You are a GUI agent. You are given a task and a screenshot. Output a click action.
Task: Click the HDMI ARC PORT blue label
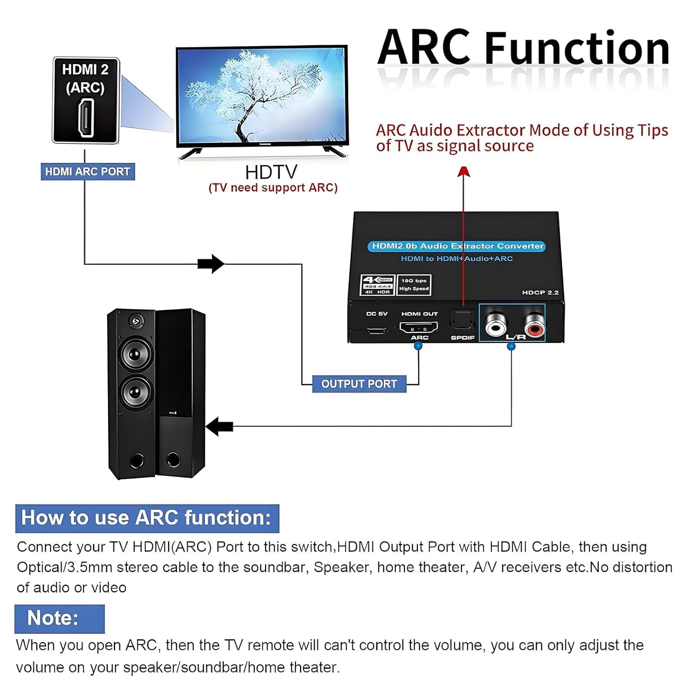click(88, 172)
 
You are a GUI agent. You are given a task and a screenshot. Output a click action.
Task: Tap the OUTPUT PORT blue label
click(359, 384)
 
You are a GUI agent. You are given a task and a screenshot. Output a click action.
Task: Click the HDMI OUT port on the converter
click(418, 328)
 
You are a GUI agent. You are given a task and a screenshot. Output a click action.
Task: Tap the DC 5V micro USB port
click(377, 331)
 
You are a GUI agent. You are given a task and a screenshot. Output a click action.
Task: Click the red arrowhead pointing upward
click(464, 172)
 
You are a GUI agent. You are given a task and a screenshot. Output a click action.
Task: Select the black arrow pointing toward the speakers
click(219, 426)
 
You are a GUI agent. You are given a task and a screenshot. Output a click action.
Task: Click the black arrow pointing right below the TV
click(211, 264)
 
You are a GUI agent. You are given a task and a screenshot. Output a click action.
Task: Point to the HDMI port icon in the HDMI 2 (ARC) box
click(86, 118)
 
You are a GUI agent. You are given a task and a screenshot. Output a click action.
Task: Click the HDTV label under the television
click(271, 173)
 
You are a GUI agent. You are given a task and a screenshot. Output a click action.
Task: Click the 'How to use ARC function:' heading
click(147, 518)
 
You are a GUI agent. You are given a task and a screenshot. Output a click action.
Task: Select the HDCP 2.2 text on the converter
click(540, 292)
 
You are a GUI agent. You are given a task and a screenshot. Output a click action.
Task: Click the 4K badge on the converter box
click(377, 285)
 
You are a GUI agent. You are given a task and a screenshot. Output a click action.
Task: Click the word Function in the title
click(577, 48)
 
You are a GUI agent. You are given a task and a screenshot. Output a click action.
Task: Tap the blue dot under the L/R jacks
click(511, 346)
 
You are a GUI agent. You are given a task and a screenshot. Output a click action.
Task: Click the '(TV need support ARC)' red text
click(273, 188)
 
